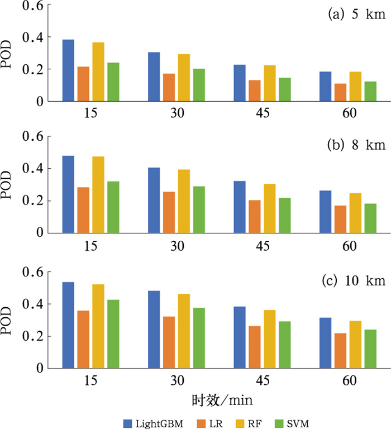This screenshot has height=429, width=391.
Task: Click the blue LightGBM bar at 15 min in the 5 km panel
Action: [68, 70]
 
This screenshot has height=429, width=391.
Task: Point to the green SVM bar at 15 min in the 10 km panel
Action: [113, 334]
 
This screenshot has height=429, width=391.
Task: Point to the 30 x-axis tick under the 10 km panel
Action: [177, 380]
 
